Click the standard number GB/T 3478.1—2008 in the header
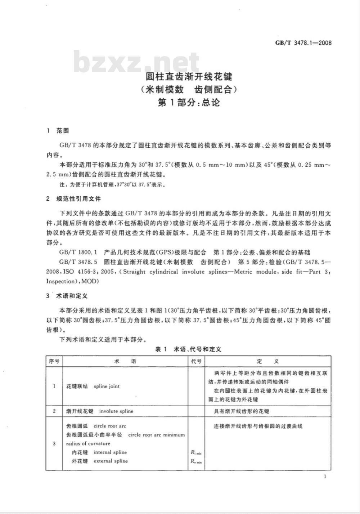pyautogui.click(x=303, y=43)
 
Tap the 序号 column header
pyautogui.click(x=54, y=361)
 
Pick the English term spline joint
pyautogui.click(x=107, y=386)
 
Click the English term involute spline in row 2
pyautogui.click(x=116, y=411)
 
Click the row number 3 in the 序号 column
pyautogui.click(x=54, y=443)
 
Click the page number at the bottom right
pyautogui.click(x=325, y=477)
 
